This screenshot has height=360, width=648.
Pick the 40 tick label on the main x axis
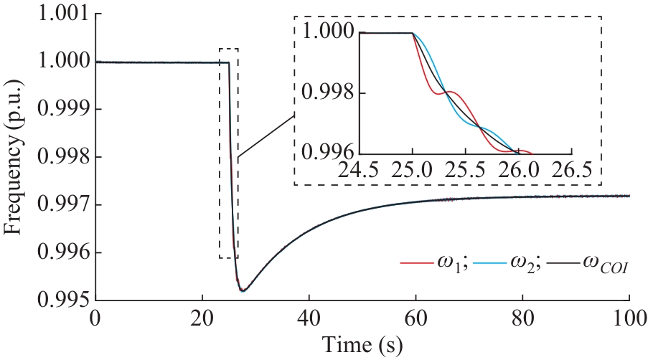[x=309, y=318]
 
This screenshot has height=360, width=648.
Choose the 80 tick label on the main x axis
[x=522, y=318]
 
